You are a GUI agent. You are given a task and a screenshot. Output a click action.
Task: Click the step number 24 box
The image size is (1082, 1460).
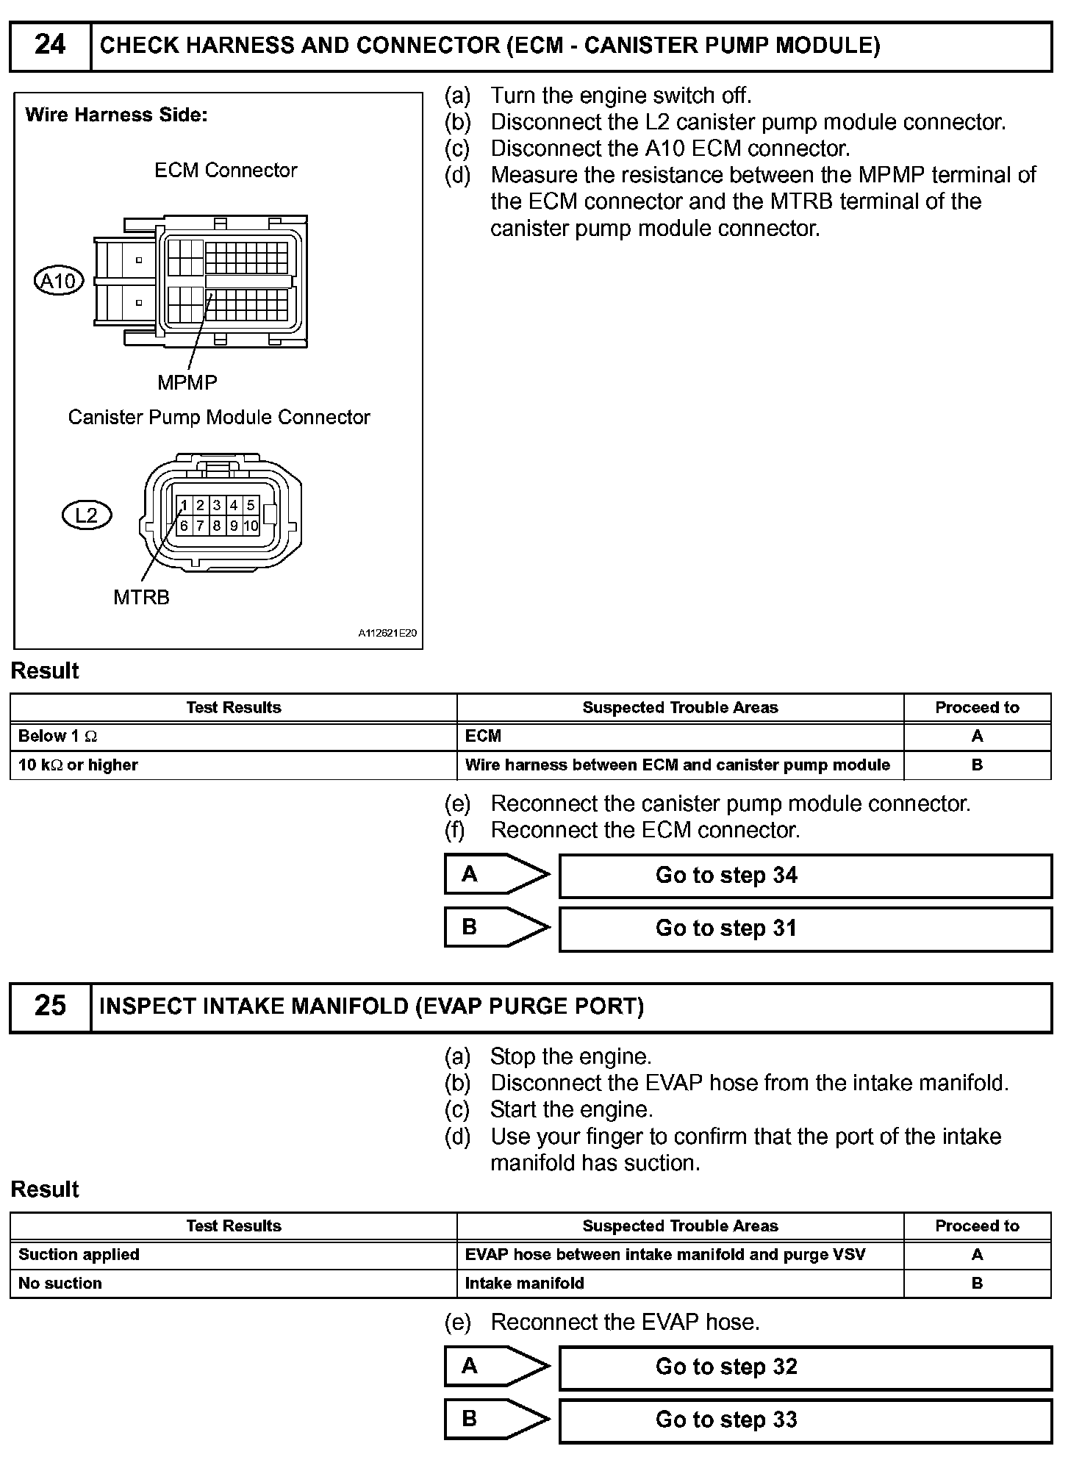click(x=50, y=46)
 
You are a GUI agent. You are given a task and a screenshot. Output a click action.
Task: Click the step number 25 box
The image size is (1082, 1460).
click(x=50, y=1006)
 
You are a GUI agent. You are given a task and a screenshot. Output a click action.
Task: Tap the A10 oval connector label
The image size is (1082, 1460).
click(x=60, y=281)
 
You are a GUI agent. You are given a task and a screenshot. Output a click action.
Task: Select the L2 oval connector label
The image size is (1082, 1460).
click(x=87, y=515)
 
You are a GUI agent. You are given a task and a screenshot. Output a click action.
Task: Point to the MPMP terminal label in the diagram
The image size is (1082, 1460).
click(x=187, y=382)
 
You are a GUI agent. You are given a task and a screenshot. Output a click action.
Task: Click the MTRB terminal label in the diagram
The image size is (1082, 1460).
click(x=141, y=598)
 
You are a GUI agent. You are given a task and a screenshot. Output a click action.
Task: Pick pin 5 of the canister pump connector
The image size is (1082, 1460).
click(x=251, y=505)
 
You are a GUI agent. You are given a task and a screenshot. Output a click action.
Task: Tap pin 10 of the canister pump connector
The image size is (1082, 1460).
click(x=251, y=526)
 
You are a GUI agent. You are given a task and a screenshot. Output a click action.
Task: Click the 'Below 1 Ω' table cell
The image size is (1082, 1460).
click(x=233, y=736)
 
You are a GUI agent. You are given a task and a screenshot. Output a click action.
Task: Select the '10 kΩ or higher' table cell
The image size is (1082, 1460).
click(x=233, y=765)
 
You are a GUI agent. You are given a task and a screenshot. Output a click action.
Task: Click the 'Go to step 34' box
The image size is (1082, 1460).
click(x=805, y=876)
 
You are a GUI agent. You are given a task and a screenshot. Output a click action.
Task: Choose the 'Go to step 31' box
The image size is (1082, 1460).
click(x=805, y=928)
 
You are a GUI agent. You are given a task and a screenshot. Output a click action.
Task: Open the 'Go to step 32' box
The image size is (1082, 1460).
click(x=805, y=1367)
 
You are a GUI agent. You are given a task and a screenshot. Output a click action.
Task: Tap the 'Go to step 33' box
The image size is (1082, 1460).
click(x=805, y=1420)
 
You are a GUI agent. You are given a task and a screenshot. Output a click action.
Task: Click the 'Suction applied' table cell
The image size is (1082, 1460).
click(x=233, y=1255)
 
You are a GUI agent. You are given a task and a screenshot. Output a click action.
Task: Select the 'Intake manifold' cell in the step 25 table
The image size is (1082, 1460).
click(x=679, y=1284)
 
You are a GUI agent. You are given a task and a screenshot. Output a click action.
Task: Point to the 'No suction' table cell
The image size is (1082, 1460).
click(x=233, y=1284)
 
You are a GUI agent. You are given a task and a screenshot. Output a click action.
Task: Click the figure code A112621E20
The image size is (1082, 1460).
click(x=387, y=633)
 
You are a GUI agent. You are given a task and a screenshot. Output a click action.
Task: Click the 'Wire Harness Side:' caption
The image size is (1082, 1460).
click(x=116, y=115)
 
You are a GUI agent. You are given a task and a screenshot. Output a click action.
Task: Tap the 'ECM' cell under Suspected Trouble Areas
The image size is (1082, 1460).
click(x=679, y=736)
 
